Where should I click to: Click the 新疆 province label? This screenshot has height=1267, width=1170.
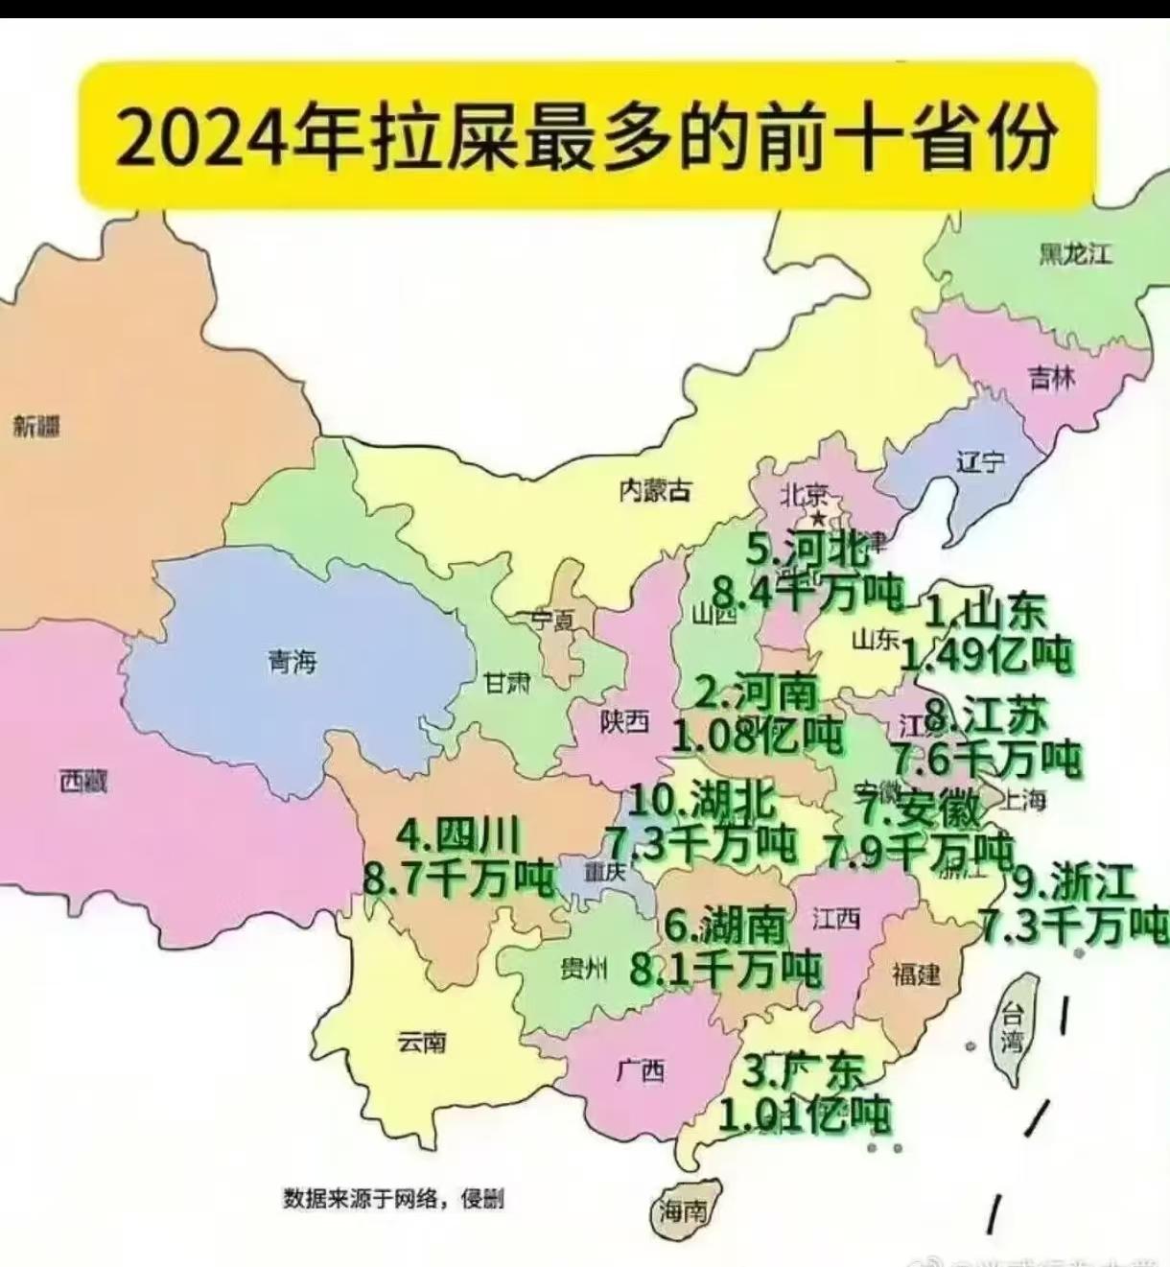(36, 425)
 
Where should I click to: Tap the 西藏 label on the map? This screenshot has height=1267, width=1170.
(82, 782)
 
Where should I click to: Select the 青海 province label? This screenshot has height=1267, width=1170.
(292, 661)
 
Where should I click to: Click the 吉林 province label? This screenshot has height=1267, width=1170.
(1052, 378)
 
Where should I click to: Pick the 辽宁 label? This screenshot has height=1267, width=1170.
(980, 461)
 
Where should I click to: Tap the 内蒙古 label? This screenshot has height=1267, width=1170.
(655, 490)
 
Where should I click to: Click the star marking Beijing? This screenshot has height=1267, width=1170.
(818, 518)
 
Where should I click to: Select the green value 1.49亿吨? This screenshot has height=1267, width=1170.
(987, 655)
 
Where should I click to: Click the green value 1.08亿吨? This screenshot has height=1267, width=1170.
(757, 736)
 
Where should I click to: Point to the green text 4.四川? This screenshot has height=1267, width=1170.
(458, 835)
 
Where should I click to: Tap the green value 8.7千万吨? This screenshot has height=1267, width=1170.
(459, 878)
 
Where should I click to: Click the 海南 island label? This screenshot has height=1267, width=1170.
(684, 1211)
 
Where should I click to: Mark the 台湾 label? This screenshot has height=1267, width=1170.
(1013, 1026)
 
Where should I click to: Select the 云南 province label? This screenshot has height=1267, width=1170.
(422, 1041)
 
